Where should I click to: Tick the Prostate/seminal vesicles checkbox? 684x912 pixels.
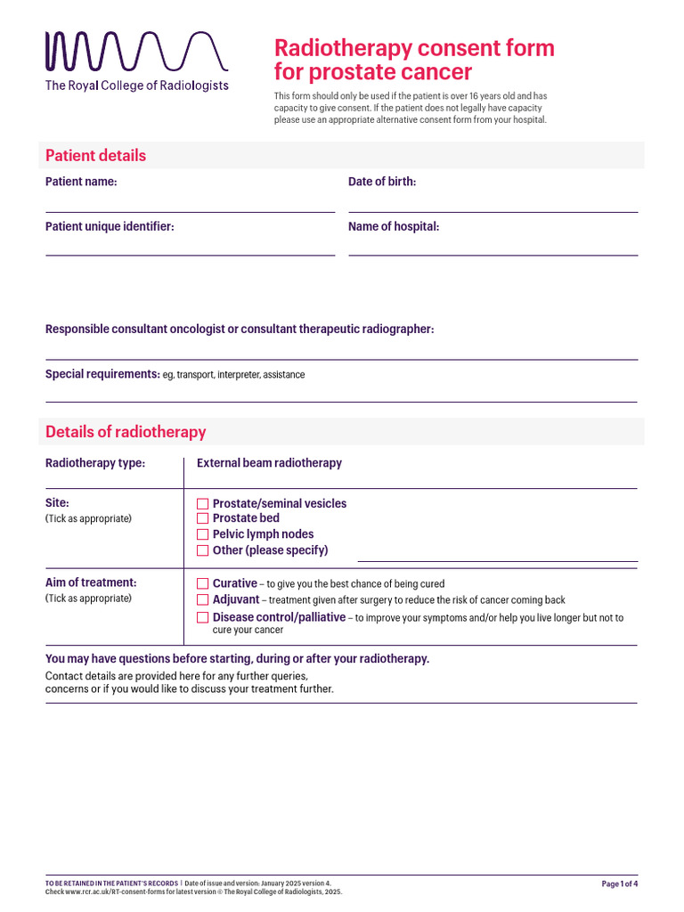(x=202, y=504)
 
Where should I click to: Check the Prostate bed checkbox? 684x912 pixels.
(x=202, y=518)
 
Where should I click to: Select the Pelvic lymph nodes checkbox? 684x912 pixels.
(x=202, y=534)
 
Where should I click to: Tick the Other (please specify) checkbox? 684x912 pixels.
(x=202, y=550)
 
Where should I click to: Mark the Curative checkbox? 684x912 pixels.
(x=202, y=584)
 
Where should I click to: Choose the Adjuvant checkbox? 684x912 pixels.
(x=202, y=600)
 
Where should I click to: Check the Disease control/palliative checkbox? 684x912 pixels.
(x=202, y=617)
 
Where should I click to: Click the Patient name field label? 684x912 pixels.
(x=81, y=182)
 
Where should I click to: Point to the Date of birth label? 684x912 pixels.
(x=382, y=182)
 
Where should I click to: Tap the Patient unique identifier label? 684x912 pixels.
(x=110, y=226)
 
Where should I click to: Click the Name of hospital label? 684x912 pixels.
(x=394, y=226)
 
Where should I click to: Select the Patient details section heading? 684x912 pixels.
(x=95, y=156)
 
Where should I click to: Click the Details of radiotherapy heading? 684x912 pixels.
(x=126, y=432)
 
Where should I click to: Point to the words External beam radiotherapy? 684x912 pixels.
(x=269, y=463)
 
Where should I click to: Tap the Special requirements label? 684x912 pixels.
(x=102, y=374)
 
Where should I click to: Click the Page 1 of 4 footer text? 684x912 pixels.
(x=620, y=883)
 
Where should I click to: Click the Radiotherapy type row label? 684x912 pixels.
(x=95, y=463)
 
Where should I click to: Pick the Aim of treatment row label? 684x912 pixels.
(x=91, y=582)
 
